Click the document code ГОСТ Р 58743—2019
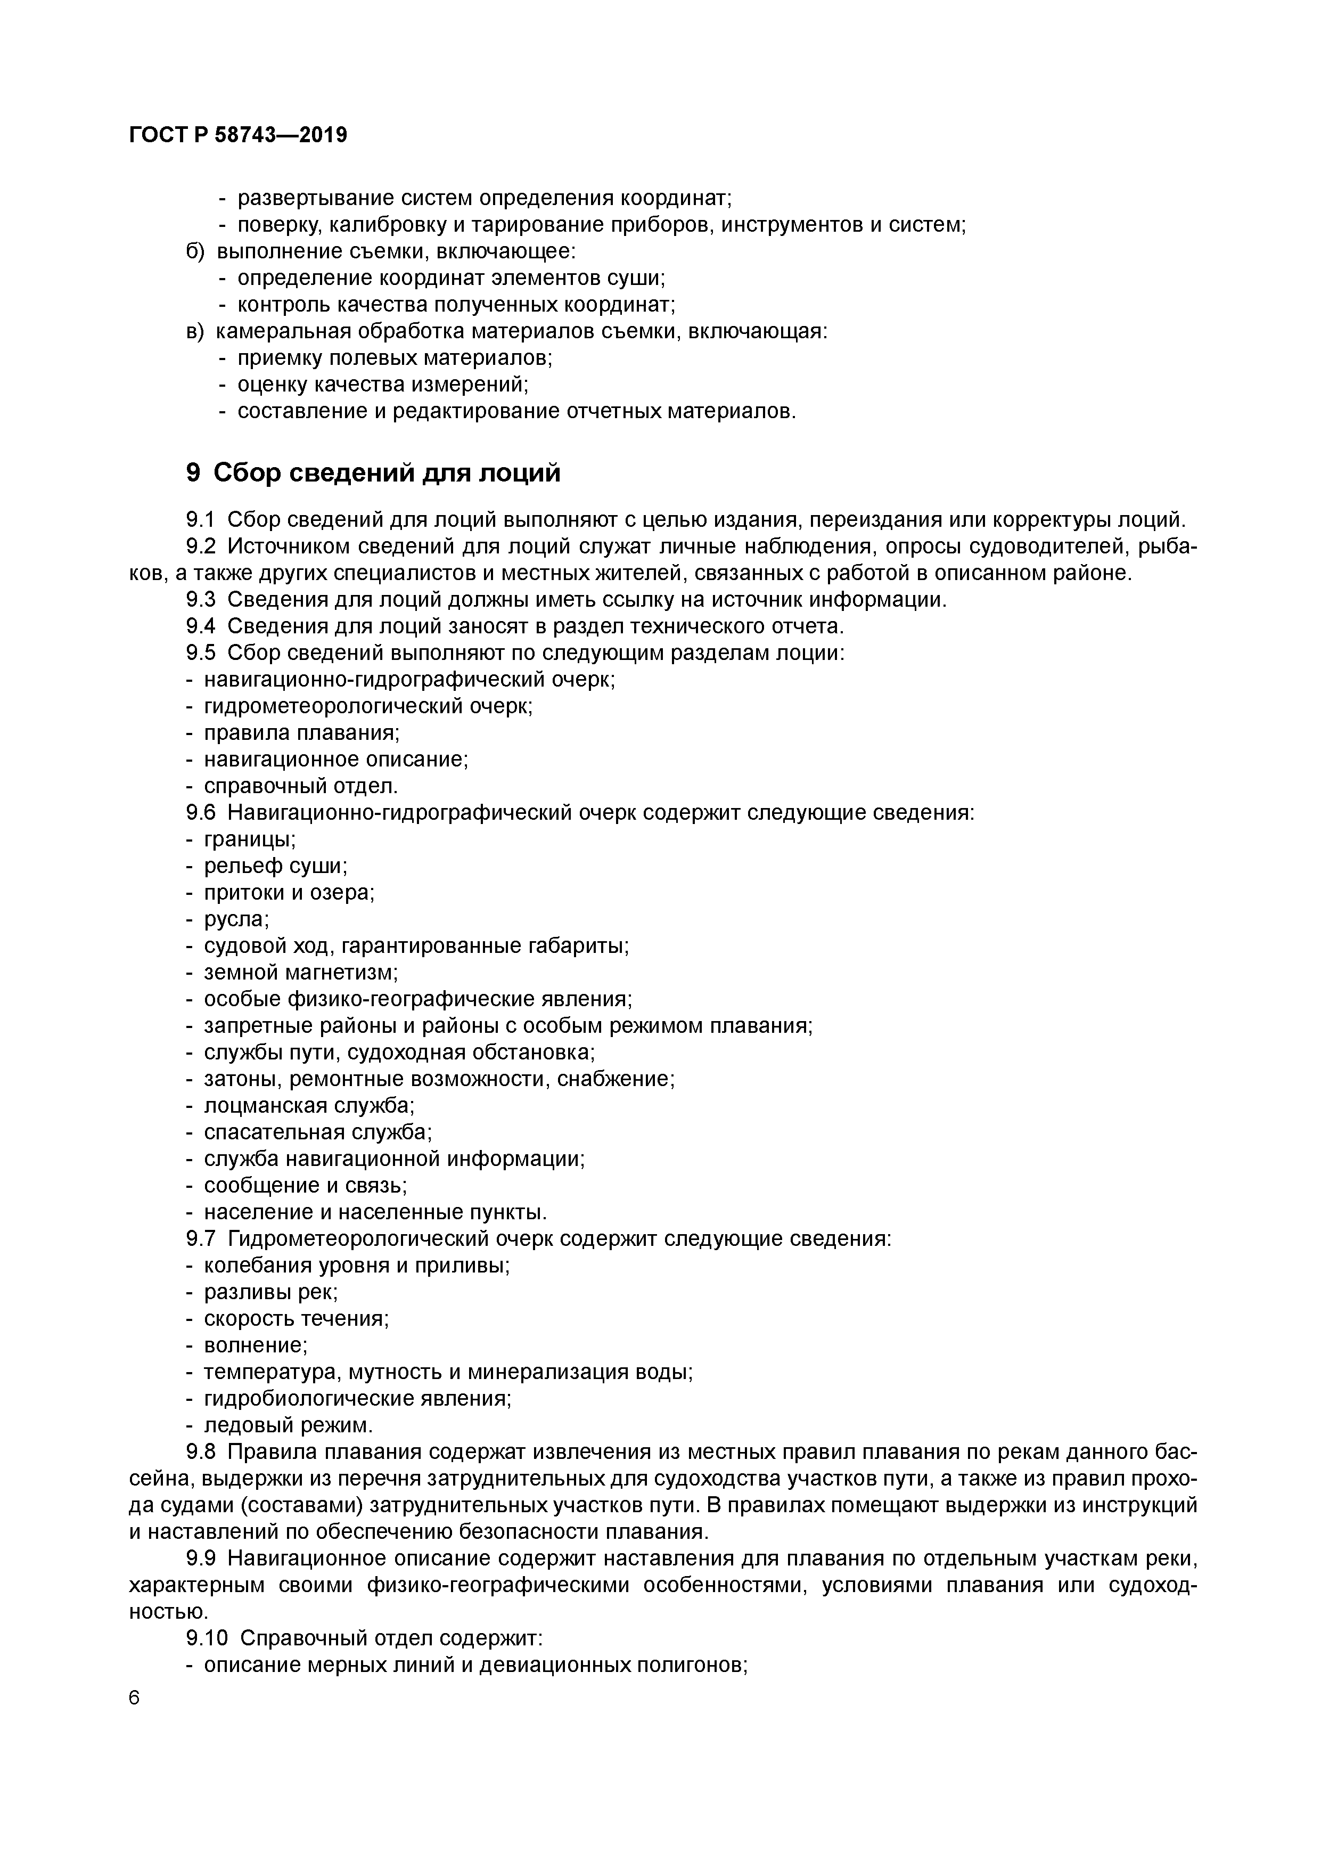237,135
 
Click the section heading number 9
193,472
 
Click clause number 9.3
200,600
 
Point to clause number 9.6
200,813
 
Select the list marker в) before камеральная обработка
195,331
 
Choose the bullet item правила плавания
301,733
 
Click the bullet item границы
249,839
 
